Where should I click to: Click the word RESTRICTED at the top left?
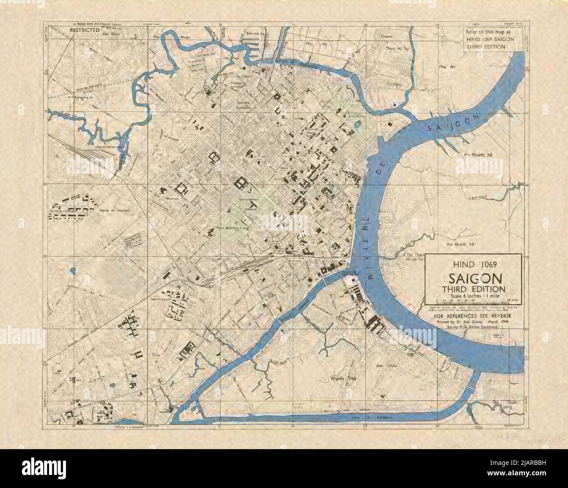click(86, 31)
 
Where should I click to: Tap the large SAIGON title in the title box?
click(473, 278)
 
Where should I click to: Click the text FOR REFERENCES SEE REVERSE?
click(473, 316)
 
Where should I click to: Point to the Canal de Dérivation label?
click(375, 417)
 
